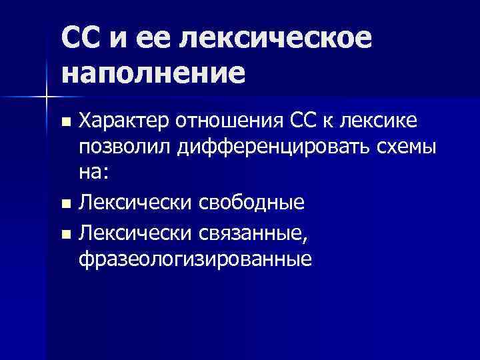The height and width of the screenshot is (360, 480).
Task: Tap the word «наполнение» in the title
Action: (x=153, y=71)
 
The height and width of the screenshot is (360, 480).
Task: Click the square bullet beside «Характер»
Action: (x=65, y=122)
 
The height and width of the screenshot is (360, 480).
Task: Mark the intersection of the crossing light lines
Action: (x=46, y=97)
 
